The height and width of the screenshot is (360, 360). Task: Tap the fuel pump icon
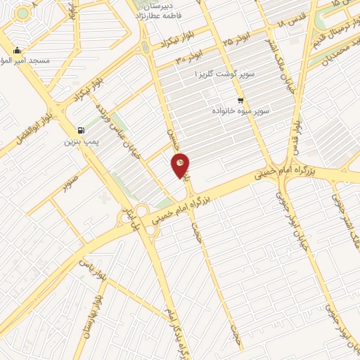(x=82, y=130)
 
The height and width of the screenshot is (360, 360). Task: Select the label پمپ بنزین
(x=79, y=143)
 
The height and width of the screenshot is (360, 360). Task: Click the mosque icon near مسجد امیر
(x=17, y=51)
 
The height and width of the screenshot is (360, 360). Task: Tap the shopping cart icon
(x=241, y=100)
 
